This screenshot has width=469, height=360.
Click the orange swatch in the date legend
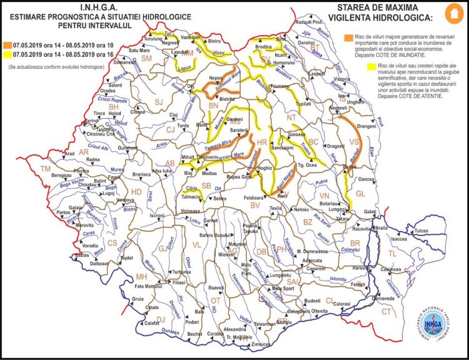pyautogui.click(x=6, y=45)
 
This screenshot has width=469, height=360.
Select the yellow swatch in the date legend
pyautogui.click(x=6, y=54)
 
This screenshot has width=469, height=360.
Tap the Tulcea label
pyautogui.click(x=421, y=231)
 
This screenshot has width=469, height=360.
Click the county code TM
pyautogui.click(x=45, y=169)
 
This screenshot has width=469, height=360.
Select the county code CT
pyautogui.click(x=387, y=311)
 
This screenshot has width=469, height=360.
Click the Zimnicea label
pyautogui.click(x=261, y=344)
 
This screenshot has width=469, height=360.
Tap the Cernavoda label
pyautogui.click(x=397, y=299)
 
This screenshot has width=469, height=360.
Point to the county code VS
pyautogui.click(x=355, y=141)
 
